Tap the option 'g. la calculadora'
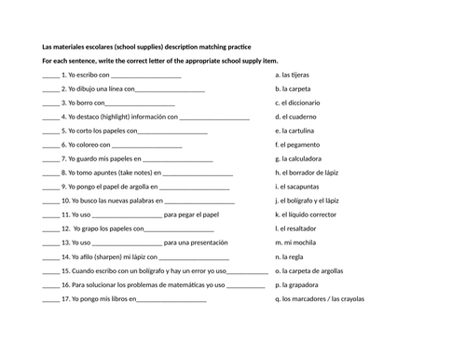(301, 159)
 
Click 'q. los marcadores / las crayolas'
(320, 299)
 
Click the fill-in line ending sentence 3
(142, 104)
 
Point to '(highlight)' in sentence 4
(121, 118)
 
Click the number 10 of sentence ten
(65, 201)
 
